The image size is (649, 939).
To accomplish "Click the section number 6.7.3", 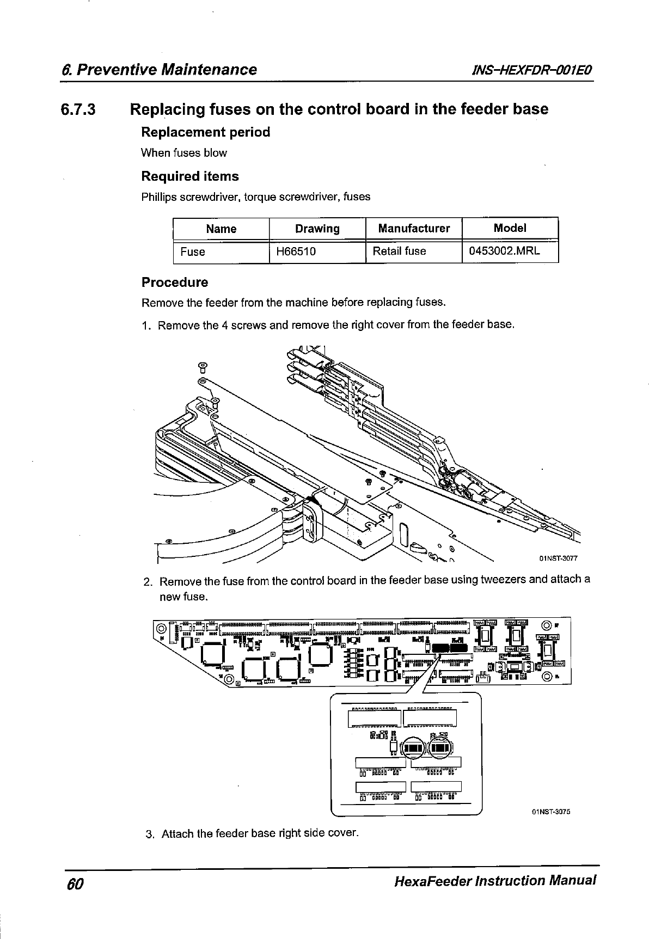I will pyautogui.click(x=78, y=110).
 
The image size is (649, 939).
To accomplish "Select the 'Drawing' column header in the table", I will pyautogui.click(x=317, y=229).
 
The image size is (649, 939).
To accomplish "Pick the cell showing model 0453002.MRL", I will pyautogui.click(x=505, y=251).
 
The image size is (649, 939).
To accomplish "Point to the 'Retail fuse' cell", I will pyautogui.click(x=399, y=251).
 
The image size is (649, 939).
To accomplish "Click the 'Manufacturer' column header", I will pyautogui.click(x=414, y=229).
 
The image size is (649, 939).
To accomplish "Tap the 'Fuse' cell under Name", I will pyautogui.click(x=193, y=252).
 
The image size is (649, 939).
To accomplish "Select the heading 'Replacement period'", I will pyautogui.click(x=205, y=132).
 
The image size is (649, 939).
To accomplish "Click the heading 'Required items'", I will pyautogui.click(x=190, y=176).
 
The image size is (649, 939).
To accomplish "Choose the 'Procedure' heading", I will pyautogui.click(x=175, y=283).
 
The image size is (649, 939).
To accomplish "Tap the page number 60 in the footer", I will pyautogui.click(x=74, y=882).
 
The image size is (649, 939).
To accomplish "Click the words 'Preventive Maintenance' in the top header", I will pyautogui.click(x=166, y=70).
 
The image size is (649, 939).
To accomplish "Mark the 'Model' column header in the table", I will pyautogui.click(x=510, y=228).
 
